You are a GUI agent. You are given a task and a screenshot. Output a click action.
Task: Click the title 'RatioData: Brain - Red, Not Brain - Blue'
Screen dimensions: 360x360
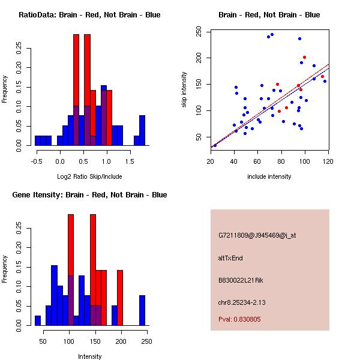[89, 14]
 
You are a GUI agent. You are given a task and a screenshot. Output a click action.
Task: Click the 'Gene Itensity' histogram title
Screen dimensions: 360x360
[89, 195]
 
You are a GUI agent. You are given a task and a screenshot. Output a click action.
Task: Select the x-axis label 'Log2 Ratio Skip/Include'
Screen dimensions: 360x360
[89, 176]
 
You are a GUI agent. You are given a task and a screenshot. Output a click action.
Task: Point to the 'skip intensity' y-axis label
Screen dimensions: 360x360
[184, 90]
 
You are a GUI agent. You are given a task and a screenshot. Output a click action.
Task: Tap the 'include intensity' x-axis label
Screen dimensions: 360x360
[269, 176]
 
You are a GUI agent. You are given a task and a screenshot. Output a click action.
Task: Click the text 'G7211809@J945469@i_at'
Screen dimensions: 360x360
[257, 235]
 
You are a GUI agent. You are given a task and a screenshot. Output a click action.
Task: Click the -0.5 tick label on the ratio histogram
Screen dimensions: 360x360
[36, 161]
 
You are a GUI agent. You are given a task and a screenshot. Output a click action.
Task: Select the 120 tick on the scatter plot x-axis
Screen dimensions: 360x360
[328, 161]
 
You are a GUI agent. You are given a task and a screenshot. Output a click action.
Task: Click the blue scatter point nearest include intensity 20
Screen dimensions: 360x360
[215, 145]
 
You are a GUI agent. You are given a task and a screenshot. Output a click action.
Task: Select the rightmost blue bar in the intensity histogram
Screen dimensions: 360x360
[142, 310]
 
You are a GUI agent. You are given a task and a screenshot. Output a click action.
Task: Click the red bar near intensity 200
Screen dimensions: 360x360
[120, 298]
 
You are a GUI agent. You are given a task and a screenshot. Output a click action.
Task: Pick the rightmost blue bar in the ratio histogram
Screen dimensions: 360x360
[142, 130]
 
